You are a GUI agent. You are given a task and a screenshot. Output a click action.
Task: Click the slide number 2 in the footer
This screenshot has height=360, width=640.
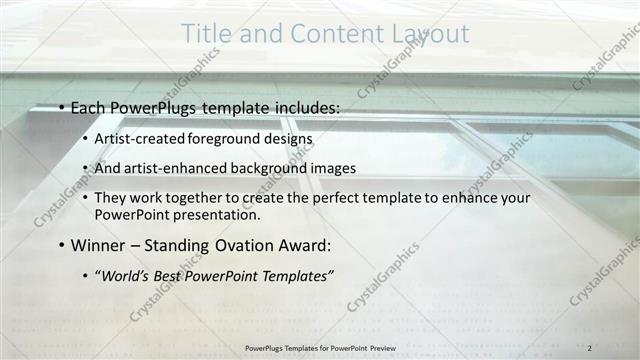591,346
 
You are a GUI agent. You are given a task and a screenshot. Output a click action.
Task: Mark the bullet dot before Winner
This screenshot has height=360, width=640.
61,246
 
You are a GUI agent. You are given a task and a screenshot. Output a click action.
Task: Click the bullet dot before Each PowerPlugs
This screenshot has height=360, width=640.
61,107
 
